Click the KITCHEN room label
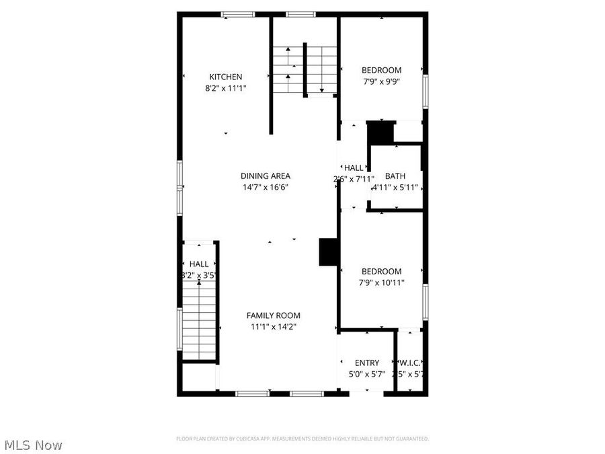click(x=225, y=77)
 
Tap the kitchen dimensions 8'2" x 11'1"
click(x=225, y=87)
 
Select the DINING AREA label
click(x=266, y=176)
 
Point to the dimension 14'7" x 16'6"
click(x=266, y=187)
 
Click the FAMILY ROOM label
click(x=273, y=315)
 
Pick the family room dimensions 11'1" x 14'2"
click(x=273, y=326)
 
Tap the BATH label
click(x=395, y=176)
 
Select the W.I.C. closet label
click(x=410, y=363)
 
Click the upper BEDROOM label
click(x=381, y=70)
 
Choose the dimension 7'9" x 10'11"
click(x=381, y=282)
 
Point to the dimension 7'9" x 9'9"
click(x=381, y=81)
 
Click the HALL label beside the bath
click(x=354, y=168)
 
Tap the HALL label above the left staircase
click(x=198, y=264)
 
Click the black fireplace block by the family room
click(x=328, y=252)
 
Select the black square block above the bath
click(x=380, y=132)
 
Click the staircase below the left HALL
click(x=199, y=319)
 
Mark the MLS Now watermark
click(x=34, y=445)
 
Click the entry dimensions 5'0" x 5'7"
click(x=367, y=374)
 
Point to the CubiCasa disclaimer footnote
click(x=302, y=439)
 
